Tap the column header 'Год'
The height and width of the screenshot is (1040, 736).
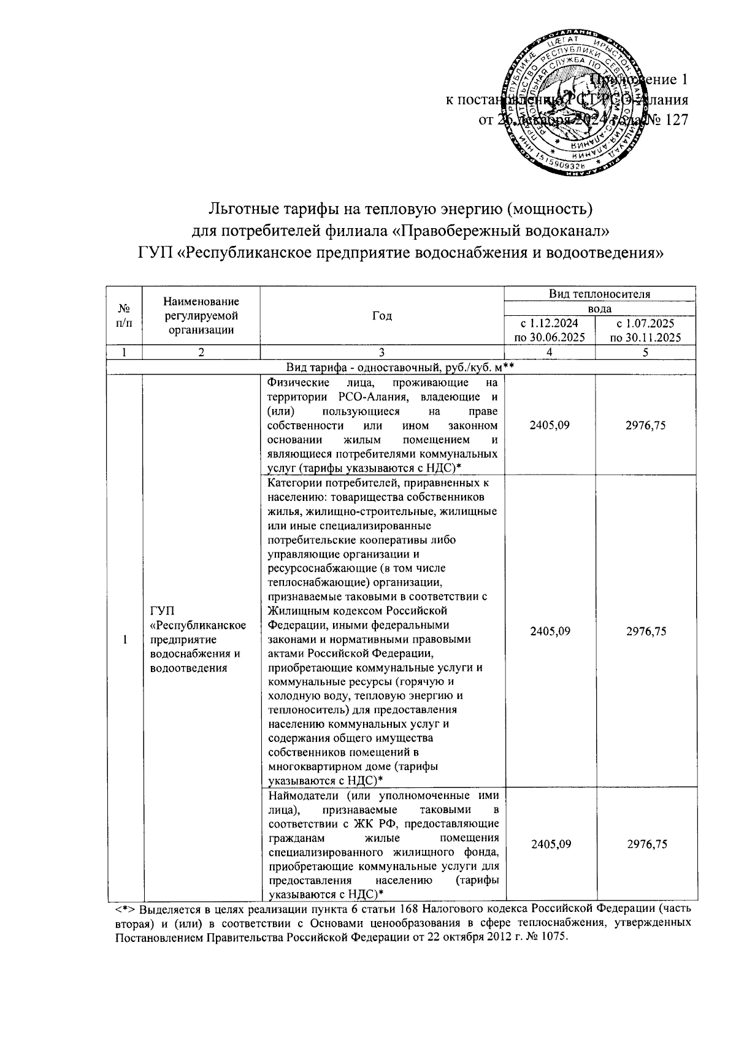click(381, 316)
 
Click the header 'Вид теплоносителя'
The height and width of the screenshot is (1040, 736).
click(599, 294)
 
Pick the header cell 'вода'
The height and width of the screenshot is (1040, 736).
click(599, 309)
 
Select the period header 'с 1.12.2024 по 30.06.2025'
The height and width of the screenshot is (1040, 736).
click(549, 330)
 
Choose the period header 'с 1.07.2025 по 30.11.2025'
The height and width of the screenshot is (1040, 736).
click(646, 330)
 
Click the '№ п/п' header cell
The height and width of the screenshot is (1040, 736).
click(125, 316)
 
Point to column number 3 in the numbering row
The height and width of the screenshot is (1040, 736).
click(381, 353)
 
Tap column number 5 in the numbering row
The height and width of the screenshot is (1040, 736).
click(646, 353)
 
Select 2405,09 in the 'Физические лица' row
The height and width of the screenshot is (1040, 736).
click(550, 425)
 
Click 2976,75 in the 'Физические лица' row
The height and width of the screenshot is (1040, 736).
click(646, 425)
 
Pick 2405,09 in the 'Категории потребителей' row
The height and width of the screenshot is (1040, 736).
click(550, 631)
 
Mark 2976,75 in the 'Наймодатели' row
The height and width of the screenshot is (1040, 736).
click(646, 844)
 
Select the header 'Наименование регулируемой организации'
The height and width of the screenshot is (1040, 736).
click(201, 316)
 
